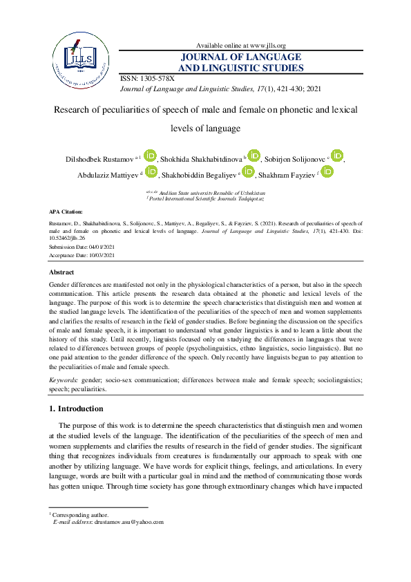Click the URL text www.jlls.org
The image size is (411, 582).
(266, 45)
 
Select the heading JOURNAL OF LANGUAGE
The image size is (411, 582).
(240, 57)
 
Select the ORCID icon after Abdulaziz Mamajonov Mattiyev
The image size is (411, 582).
(151, 172)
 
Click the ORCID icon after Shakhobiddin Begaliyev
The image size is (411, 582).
(249, 172)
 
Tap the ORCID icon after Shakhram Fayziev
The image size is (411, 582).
(327, 172)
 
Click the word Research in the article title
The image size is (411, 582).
(76, 109)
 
